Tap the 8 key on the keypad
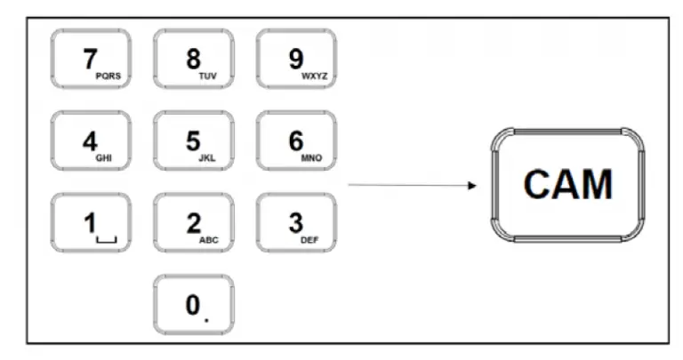point(193,59)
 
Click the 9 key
point(296,59)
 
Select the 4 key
point(91,140)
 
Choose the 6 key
point(296,140)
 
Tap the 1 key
point(91,222)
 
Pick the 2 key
point(193,222)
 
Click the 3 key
point(296,222)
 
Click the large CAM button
point(567,185)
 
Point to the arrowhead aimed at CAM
point(472,186)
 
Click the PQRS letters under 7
point(108,76)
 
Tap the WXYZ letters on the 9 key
point(315,76)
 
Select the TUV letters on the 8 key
point(207,76)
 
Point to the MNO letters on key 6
point(311,158)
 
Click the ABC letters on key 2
point(209,240)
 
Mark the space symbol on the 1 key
point(107,240)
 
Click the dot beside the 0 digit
point(206,320)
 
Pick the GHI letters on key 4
point(104,158)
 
